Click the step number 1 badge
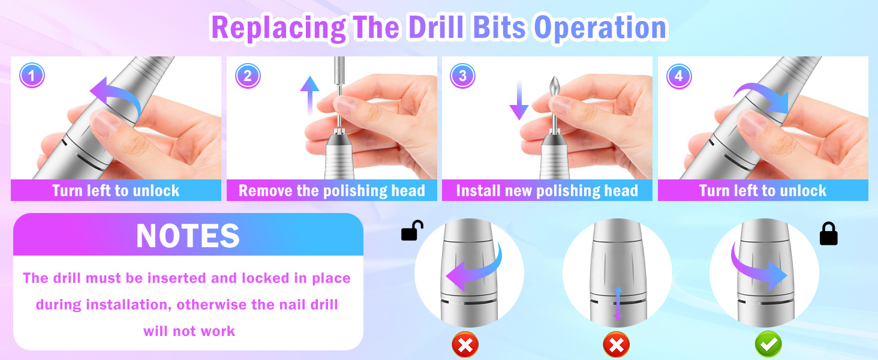32,75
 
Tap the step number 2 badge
248,76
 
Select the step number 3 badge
462,76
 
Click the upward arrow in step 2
309,96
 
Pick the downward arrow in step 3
519,100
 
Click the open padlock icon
411,230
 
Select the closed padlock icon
829,234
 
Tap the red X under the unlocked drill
465,345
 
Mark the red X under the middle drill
616,345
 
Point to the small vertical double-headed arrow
618,304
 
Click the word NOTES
188,236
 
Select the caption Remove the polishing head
332,191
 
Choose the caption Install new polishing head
547,191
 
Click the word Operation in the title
600,28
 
